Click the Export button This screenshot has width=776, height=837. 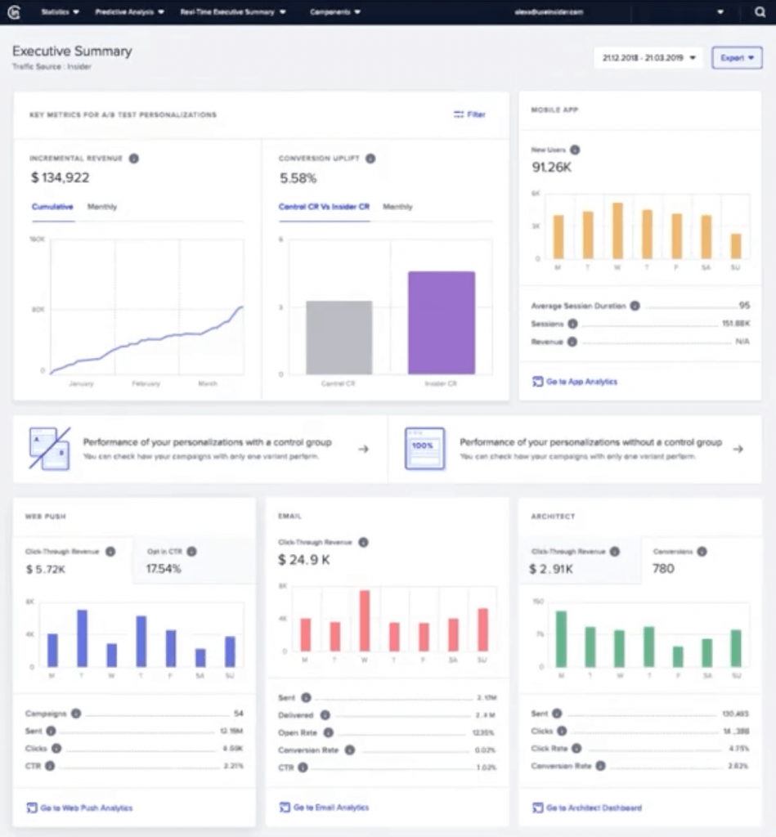[737, 58]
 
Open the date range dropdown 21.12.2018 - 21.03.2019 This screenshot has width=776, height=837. [648, 58]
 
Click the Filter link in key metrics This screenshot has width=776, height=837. [470, 115]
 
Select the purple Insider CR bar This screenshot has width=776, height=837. [442, 322]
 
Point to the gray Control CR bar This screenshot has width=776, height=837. [339, 337]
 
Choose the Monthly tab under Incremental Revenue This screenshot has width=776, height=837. [102, 207]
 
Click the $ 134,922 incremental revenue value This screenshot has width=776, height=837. [61, 177]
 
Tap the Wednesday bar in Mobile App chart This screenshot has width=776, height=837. [617, 231]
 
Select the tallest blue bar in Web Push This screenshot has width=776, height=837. [82, 638]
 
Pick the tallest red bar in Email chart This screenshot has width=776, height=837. [365, 620]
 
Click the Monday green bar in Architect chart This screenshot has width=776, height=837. [561, 638]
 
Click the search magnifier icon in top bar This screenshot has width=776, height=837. [760, 12]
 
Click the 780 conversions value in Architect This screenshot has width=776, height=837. [663, 568]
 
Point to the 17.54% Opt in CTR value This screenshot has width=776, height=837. [164, 568]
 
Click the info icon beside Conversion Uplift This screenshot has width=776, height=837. [370, 159]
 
